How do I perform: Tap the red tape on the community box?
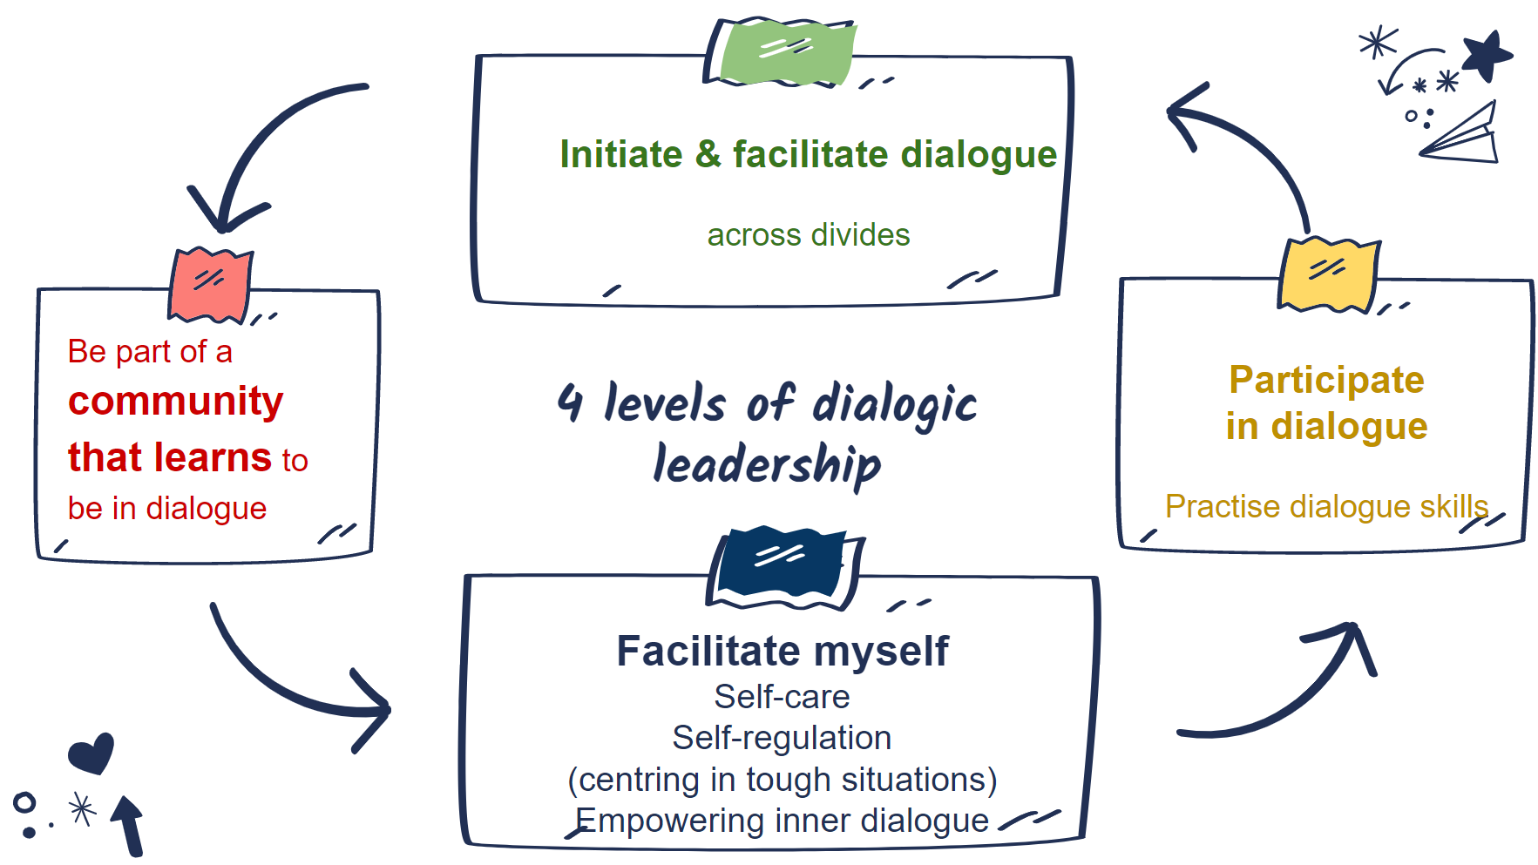point(210,285)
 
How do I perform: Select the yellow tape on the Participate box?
point(1328,274)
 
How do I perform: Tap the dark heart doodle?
point(91,753)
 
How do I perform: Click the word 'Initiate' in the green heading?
point(620,154)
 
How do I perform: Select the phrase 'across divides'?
point(809,235)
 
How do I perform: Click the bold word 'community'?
point(176,402)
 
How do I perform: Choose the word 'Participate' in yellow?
point(1326,381)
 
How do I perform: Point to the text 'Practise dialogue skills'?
point(1327,506)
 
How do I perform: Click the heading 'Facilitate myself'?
point(783,651)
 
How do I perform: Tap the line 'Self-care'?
point(782,697)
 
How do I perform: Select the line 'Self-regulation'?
point(782,738)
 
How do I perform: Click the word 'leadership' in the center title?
point(767,463)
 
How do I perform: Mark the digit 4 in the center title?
point(570,402)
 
